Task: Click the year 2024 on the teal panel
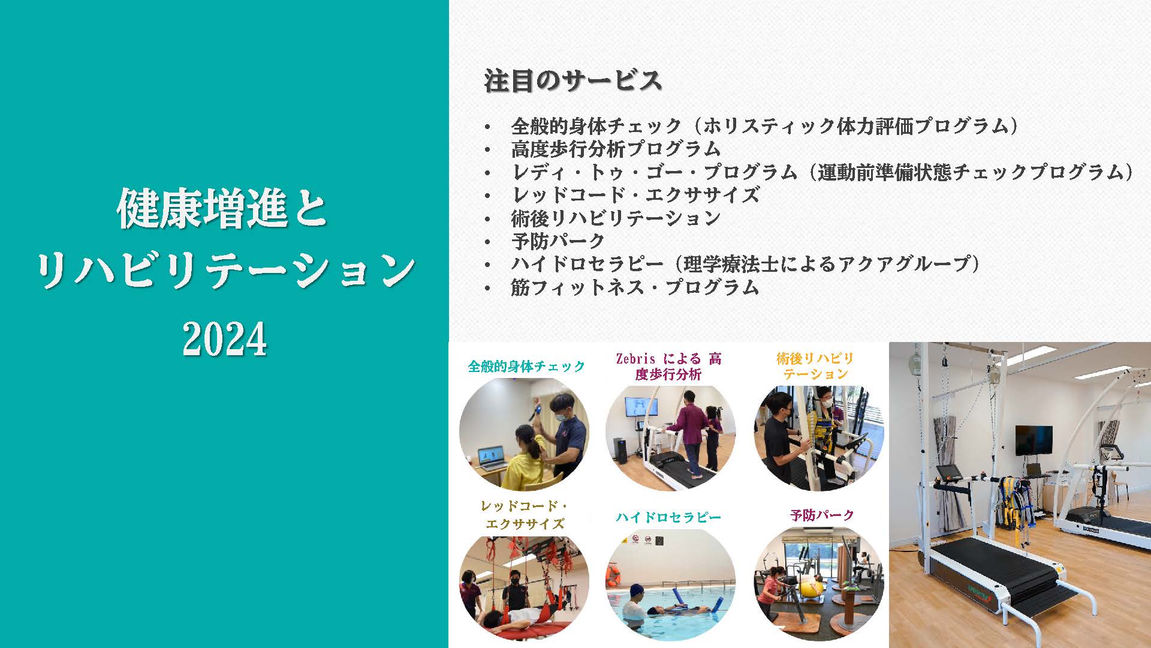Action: click(224, 339)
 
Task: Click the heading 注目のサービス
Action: click(573, 81)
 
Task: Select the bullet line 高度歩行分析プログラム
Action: click(616, 149)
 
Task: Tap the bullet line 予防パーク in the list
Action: click(558, 241)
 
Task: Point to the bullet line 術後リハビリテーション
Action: click(616, 218)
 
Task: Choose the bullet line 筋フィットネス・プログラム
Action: click(635, 287)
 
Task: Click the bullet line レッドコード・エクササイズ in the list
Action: click(635, 195)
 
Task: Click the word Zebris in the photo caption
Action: click(635, 359)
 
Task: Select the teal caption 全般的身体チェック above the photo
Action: click(526, 366)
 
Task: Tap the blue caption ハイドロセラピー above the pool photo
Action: click(668, 517)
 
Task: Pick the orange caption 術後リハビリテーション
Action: click(815, 366)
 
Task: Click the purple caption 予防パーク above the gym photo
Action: click(822, 515)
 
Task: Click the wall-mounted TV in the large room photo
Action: click(1034, 440)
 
